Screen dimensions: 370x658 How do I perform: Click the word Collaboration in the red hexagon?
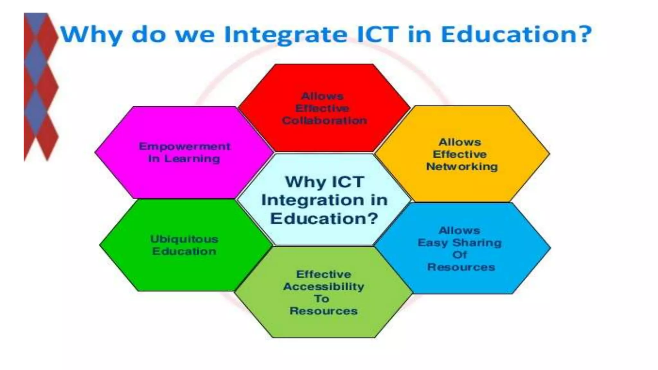coord(324,121)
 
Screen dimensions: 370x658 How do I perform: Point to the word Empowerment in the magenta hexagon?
coord(184,146)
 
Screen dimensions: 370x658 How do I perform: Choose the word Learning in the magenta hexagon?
coord(192,159)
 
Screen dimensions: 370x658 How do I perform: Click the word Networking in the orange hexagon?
coord(462,167)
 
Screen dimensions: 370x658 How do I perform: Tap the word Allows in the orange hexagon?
coord(460,142)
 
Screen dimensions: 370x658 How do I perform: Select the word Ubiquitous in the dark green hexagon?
coord(184,239)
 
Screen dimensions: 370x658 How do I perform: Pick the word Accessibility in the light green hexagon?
coord(324,286)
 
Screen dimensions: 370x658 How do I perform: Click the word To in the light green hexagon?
coord(322,299)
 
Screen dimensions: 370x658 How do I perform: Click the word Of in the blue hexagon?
coord(460,255)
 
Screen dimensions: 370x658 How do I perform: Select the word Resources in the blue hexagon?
coord(461,267)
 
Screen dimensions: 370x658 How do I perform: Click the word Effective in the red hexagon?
coord(322,109)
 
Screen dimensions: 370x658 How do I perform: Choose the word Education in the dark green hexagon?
coord(184,251)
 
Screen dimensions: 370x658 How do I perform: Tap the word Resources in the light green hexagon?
coord(324,311)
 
